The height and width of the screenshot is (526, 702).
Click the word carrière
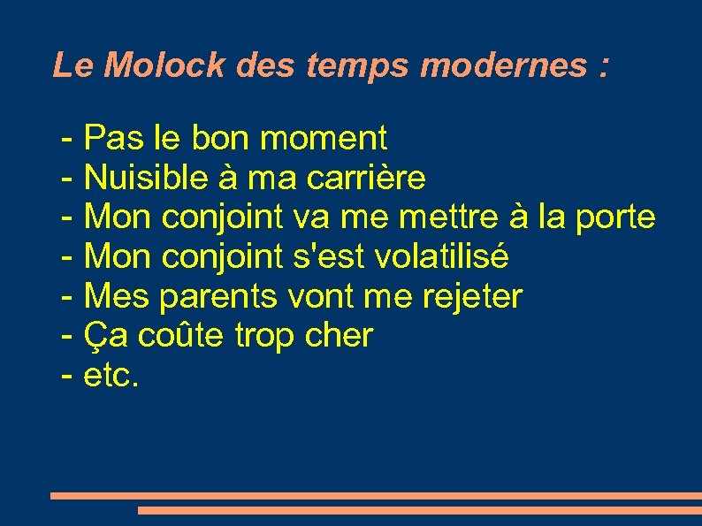(366, 179)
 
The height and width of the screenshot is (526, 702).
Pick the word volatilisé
(442, 256)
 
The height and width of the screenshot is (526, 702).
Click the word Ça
(101, 337)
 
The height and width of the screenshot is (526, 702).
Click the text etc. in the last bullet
(111, 376)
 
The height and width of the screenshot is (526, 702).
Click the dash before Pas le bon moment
(67, 139)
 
